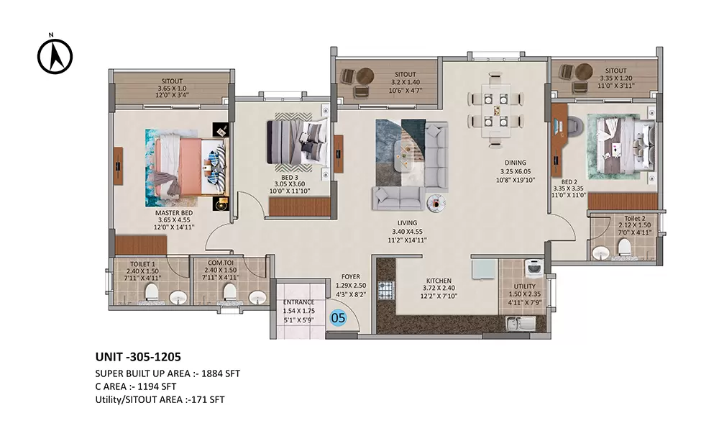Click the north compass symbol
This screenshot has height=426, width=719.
point(55,55)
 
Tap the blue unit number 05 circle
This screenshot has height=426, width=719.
point(338,316)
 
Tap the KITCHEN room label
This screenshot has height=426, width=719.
point(439,280)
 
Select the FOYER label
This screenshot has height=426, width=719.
point(350,276)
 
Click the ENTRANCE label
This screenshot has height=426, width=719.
point(298,302)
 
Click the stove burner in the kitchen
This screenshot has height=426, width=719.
point(385,291)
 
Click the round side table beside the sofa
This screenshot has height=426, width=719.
point(435,203)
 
